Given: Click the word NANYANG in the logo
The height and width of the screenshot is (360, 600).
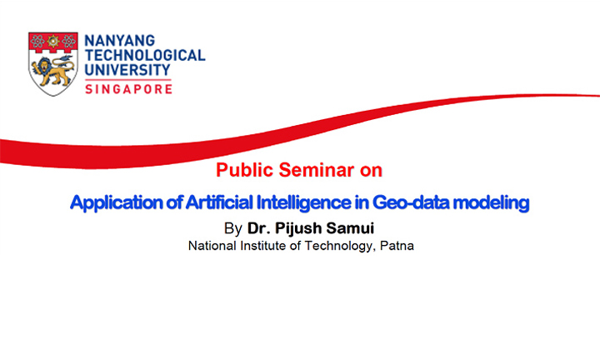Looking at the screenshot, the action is (119, 41).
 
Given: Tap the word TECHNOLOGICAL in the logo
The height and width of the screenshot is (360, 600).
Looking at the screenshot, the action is (145, 55).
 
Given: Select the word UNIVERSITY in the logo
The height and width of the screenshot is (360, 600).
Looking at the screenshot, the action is (127, 70).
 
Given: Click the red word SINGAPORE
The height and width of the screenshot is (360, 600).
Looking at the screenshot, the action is (128, 89).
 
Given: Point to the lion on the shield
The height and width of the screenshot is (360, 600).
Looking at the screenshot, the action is (52, 71).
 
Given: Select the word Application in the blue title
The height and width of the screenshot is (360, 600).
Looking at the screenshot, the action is (117, 202).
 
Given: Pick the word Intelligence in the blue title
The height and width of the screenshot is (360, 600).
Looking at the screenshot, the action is (304, 202).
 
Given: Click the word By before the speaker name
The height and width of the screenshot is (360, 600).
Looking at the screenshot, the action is (233, 228).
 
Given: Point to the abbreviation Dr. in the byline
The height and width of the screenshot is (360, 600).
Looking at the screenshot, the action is (259, 228).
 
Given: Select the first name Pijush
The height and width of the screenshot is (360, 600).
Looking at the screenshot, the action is (298, 228).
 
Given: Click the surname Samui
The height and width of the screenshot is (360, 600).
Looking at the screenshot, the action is (350, 228).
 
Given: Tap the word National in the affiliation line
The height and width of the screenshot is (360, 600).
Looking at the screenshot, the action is (212, 246).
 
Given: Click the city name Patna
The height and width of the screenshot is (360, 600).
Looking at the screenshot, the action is (397, 246).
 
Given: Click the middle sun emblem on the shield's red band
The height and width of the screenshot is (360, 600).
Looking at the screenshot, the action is (53, 42).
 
